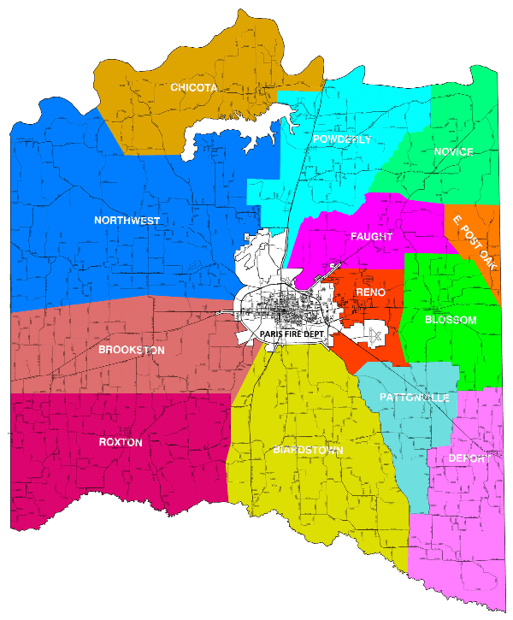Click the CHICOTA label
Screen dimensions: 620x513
pyautogui.click(x=193, y=87)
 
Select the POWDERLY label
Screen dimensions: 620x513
pyautogui.click(x=342, y=139)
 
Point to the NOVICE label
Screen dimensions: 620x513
pyautogui.click(x=453, y=151)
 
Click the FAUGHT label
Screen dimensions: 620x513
pyautogui.click(x=371, y=236)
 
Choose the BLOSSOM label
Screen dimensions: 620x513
pyautogui.click(x=451, y=320)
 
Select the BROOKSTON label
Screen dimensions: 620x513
pyautogui.click(x=132, y=350)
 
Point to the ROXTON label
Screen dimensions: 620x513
pyautogui.click(x=121, y=442)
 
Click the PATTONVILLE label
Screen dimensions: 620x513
pyautogui.click(x=407, y=398)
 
